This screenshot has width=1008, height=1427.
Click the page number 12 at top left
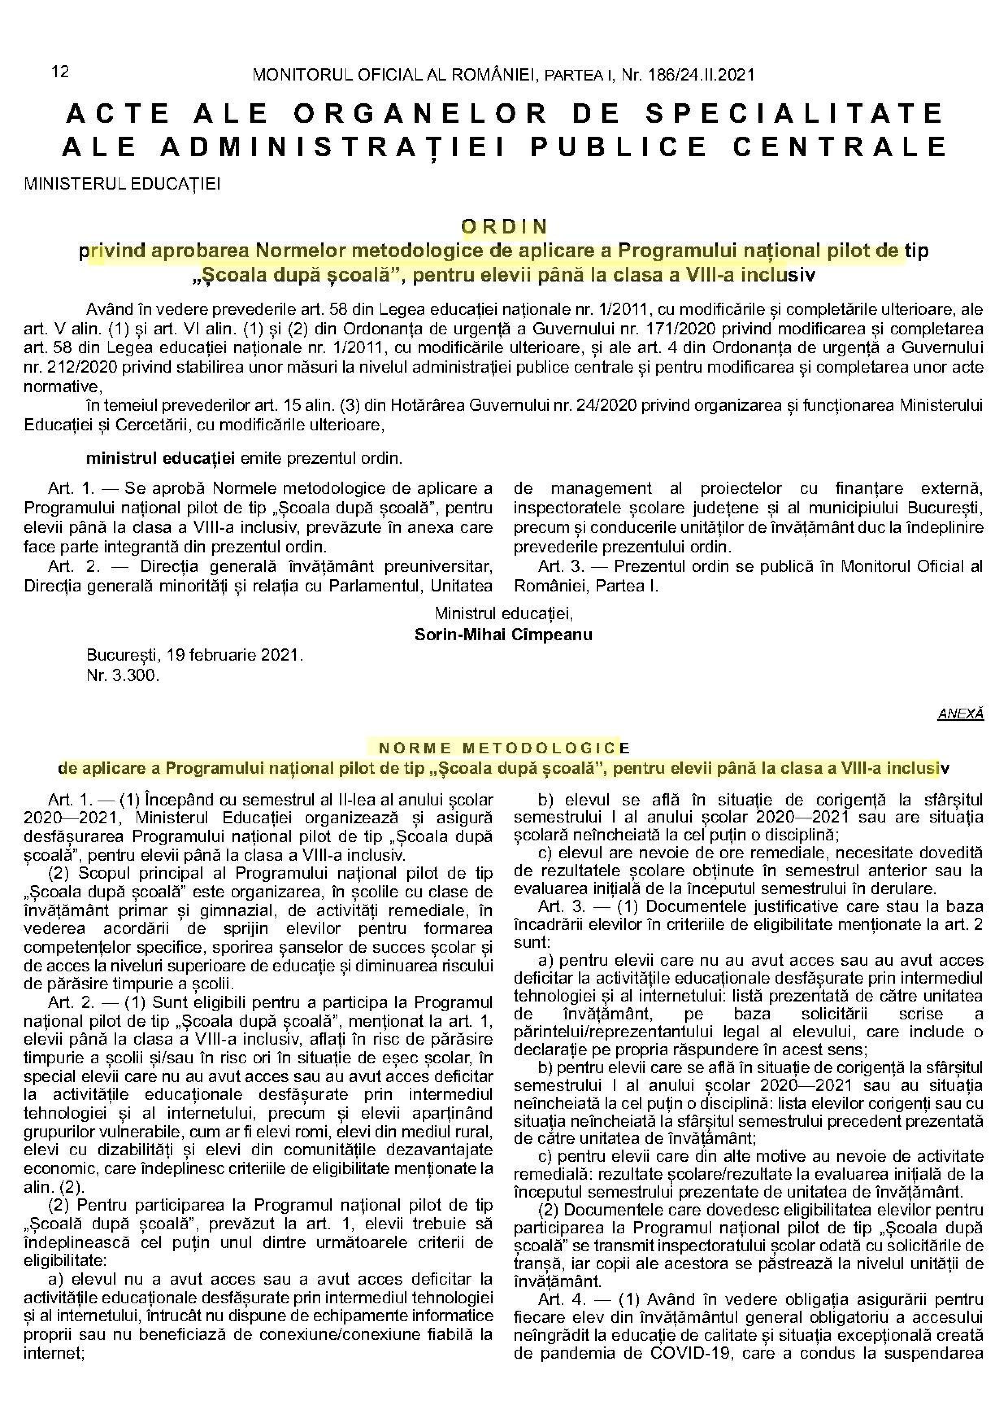click(x=60, y=72)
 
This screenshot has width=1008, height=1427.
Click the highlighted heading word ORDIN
click(x=504, y=226)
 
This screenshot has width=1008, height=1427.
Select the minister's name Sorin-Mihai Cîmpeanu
click(x=503, y=635)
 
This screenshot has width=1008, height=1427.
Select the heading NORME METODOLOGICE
click(x=504, y=747)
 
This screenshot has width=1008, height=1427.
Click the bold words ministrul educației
click(x=160, y=459)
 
